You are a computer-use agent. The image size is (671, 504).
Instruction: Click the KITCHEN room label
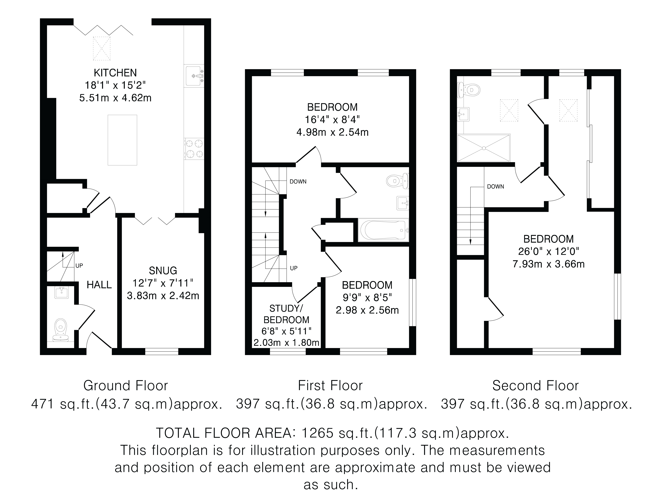[115, 73]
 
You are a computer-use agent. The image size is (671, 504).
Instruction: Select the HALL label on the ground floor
[99, 285]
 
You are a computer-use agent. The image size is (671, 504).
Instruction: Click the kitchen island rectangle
[122, 140]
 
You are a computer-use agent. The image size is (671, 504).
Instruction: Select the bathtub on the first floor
[383, 230]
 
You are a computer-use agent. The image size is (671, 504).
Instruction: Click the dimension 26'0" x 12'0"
[548, 252]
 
